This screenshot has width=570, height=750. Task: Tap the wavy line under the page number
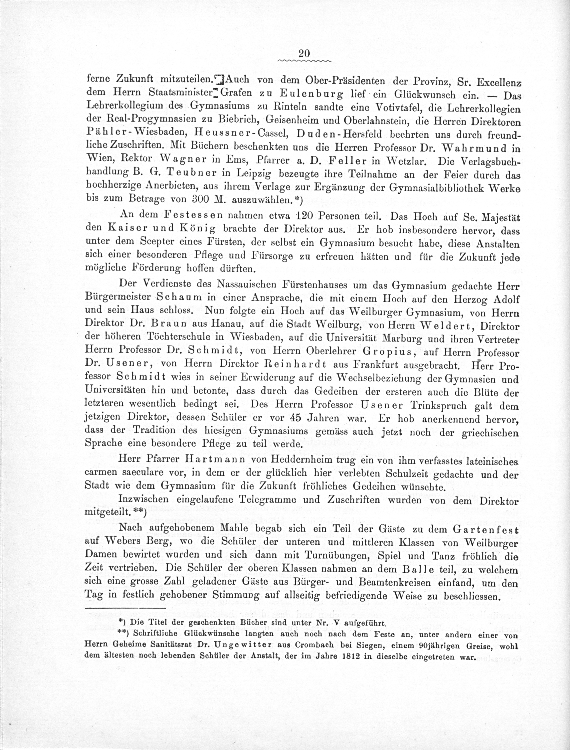click(x=304, y=61)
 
